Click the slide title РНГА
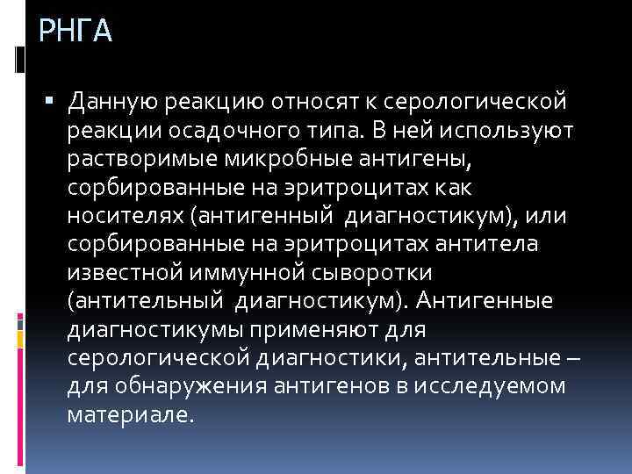point(76,32)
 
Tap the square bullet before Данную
point(55,104)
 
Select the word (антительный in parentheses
point(147,301)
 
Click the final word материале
point(129,413)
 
